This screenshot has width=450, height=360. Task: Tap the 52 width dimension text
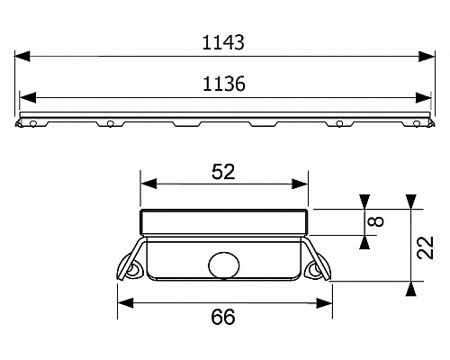pyautogui.click(x=224, y=170)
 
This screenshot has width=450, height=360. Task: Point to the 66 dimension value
pyautogui.click(x=224, y=317)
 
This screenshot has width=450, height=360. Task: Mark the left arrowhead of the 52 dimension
pyautogui.click(x=147, y=184)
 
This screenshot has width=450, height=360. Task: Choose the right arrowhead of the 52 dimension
pyautogui.click(x=303, y=184)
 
